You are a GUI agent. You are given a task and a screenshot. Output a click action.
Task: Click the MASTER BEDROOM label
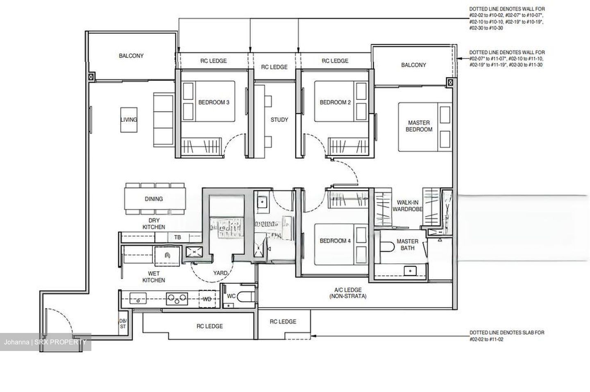tap(419, 126)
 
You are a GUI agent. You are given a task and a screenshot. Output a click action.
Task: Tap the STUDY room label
tap(279, 120)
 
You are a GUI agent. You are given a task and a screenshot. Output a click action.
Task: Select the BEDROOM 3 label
tap(213, 102)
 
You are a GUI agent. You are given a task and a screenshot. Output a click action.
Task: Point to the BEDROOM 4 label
tap(335, 241)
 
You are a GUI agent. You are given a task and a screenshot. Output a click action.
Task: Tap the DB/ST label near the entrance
tap(123, 324)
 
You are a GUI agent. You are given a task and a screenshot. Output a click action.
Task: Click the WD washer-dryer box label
tap(207, 299)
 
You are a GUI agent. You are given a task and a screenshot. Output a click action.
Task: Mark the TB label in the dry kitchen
tap(177, 237)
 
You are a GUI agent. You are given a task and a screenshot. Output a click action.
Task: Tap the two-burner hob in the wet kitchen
tap(177, 299)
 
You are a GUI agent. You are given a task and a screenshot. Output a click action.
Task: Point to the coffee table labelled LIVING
tap(129, 119)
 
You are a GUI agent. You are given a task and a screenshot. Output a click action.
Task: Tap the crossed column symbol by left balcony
tap(91, 76)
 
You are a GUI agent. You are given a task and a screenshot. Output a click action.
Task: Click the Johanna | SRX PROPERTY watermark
tap(45, 342)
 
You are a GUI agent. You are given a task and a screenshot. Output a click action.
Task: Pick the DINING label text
tap(154, 199)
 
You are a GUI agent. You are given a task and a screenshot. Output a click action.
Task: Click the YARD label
tap(220, 273)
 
